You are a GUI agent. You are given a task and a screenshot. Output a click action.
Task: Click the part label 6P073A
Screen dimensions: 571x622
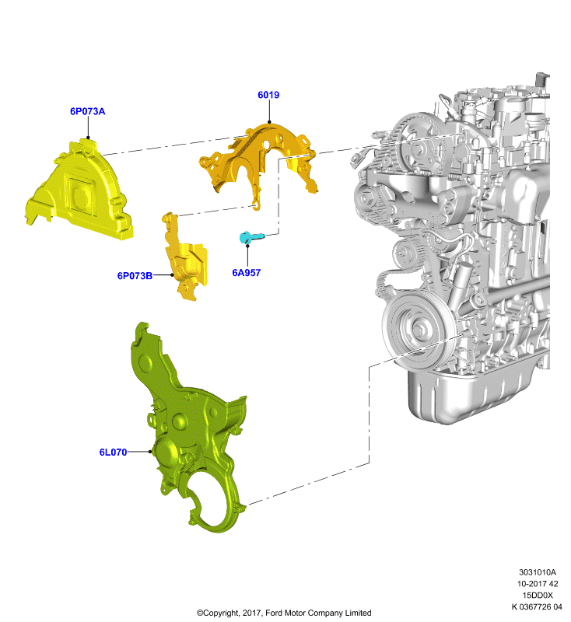(87, 111)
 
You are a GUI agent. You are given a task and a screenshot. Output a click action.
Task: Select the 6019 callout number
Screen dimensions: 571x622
(268, 95)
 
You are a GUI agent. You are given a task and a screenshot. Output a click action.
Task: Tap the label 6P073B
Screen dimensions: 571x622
(135, 276)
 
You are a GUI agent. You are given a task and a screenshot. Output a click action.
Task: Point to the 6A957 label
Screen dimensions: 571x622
(247, 273)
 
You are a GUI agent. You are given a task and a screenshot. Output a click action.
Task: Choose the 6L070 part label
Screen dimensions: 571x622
(113, 453)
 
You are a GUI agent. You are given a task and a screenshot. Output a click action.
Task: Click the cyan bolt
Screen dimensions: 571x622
(250, 237)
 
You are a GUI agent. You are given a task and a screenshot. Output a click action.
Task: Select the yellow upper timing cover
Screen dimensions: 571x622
(79, 190)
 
